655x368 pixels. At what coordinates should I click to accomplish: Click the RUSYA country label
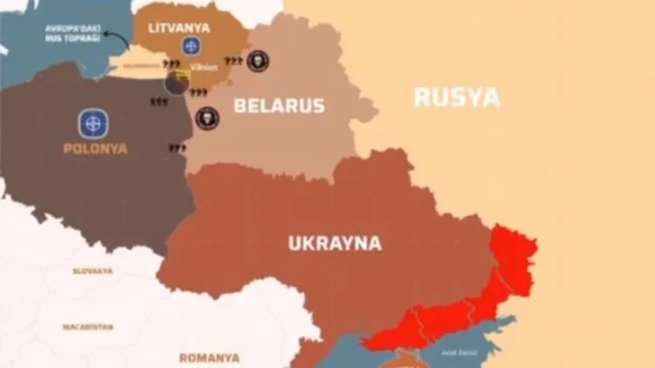[456, 97]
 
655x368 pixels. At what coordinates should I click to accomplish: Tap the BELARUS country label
[279, 106]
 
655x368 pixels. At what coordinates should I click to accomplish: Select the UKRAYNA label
[334, 244]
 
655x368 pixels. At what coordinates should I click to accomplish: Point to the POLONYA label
[95, 149]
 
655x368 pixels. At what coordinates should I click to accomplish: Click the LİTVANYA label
[179, 28]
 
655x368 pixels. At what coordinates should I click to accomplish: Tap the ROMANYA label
[209, 358]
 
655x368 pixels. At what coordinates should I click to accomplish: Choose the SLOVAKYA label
[92, 271]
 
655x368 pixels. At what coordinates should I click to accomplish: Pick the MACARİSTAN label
[87, 327]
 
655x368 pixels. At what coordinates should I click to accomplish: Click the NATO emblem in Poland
[93, 124]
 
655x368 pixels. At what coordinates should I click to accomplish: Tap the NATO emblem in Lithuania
[190, 46]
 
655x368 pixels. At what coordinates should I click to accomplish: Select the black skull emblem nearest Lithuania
[257, 61]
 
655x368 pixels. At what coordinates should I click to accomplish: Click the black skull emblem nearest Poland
[206, 117]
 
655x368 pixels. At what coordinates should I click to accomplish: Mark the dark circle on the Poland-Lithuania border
[177, 83]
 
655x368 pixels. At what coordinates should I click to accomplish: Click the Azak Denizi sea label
[458, 351]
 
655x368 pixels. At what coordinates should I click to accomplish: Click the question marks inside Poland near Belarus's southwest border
[177, 148]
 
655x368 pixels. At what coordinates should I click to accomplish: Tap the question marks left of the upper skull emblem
[233, 62]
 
